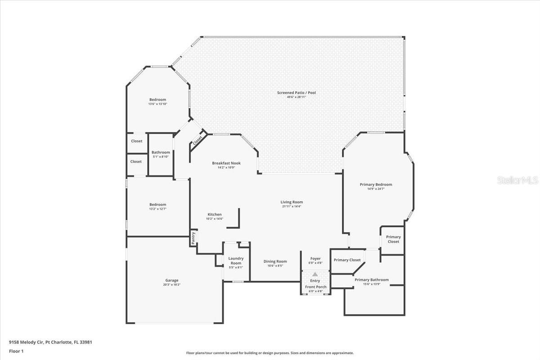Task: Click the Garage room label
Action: point(171,280)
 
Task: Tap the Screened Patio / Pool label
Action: point(296,93)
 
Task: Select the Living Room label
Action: point(292,202)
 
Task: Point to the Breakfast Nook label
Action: point(226,163)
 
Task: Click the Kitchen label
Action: point(215,214)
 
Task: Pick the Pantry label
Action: point(193,238)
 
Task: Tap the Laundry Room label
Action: point(236,261)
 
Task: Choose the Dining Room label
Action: point(275,261)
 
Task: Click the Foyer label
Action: point(315,258)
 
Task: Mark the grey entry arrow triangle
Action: point(315,274)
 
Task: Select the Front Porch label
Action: point(315,287)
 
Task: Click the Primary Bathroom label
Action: point(372,280)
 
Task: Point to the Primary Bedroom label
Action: point(376,184)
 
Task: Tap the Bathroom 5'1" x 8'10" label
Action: point(161,154)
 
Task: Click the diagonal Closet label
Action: point(198,141)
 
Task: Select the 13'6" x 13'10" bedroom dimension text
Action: point(157,104)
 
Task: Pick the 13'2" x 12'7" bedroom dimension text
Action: point(157,209)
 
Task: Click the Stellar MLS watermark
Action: point(517,180)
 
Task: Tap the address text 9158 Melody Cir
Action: point(27,342)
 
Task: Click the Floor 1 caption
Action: point(16,351)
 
